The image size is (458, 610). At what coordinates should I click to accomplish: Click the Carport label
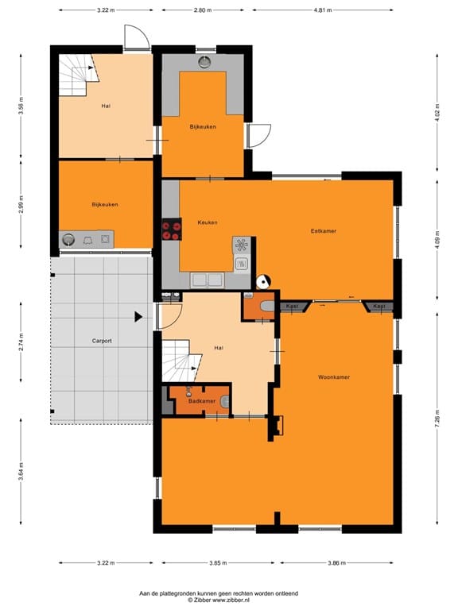(102, 341)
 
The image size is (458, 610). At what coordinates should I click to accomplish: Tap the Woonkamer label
(334, 377)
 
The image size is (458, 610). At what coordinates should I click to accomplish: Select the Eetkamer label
(324, 231)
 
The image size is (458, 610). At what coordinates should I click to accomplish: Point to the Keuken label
(208, 222)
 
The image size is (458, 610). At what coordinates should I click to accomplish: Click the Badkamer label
(202, 401)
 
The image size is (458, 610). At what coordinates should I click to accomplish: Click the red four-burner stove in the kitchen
(172, 230)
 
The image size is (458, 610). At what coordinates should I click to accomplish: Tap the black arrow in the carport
(138, 317)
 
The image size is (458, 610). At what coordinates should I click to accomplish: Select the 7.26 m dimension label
(437, 419)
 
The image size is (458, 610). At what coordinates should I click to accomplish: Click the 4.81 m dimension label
(323, 10)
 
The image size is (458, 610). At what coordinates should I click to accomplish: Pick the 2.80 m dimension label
(203, 10)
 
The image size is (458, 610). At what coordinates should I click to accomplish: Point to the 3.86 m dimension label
(336, 562)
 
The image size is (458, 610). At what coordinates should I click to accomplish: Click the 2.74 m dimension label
(21, 342)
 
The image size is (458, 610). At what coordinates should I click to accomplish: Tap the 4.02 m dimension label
(437, 113)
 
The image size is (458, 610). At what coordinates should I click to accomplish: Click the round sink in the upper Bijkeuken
(204, 62)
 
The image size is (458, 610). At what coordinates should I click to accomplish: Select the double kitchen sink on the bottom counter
(207, 280)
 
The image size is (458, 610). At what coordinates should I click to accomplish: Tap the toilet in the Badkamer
(224, 402)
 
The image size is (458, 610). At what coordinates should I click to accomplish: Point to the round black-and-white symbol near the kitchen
(264, 282)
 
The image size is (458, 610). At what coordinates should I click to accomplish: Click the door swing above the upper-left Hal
(137, 38)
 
